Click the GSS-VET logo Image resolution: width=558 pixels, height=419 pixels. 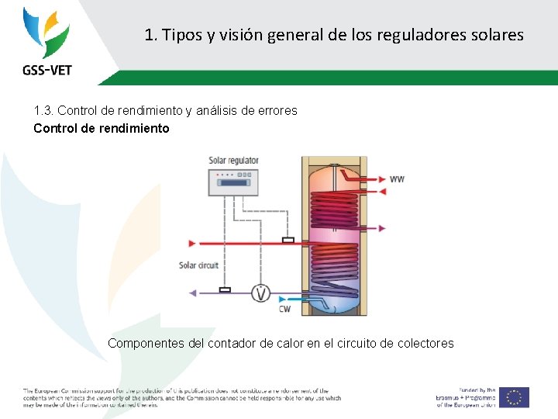[46, 42]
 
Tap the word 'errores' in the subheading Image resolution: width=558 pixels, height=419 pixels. [276, 111]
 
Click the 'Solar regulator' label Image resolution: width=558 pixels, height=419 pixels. [233, 161]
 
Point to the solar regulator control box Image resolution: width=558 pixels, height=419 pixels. [233, 182]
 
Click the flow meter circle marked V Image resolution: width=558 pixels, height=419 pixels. [262, 293]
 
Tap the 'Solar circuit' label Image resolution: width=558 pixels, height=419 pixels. [199, 265]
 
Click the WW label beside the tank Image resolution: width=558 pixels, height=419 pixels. [397, 179]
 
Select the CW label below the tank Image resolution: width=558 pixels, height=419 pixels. [285, 310]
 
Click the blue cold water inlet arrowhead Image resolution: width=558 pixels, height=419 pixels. [282, 299]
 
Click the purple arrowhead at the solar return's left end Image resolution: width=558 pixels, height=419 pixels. [193, 293]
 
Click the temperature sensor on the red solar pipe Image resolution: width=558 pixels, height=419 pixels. [288, 241]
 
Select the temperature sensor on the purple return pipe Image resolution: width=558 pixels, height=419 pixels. [225, 290]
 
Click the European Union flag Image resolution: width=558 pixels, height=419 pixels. [514, 396]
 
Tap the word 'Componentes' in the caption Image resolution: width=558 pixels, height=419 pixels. [145, 343]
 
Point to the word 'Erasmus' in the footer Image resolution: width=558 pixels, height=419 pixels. [453, 397]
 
